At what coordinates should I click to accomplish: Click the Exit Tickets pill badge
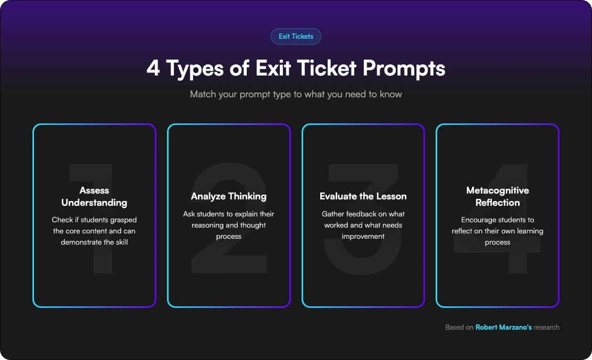pos(296,37)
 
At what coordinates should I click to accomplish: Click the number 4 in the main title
pos(153,69)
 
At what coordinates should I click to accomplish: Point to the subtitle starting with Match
pos(296,95)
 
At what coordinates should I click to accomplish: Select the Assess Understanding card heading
pos(94,196)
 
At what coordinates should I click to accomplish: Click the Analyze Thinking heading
pos(229,196)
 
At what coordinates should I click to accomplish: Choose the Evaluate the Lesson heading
pos(363,196)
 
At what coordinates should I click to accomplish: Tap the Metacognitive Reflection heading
pos(497,196)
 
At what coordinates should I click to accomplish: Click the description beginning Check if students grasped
pos(94,231)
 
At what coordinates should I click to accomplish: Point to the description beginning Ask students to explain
pos(229,225)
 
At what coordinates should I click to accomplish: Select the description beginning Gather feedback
pos(363,225)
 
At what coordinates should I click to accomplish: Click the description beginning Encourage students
pos(497,231)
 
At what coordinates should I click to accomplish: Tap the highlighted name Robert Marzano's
pos(503,328)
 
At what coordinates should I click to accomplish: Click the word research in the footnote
pos(547,328)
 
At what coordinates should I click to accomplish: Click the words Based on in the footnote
pos(459,328)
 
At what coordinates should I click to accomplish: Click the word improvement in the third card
pos(363,236)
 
